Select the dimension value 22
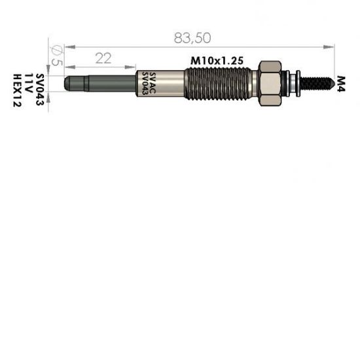coord(102,58)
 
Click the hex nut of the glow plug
coord(271,84)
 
